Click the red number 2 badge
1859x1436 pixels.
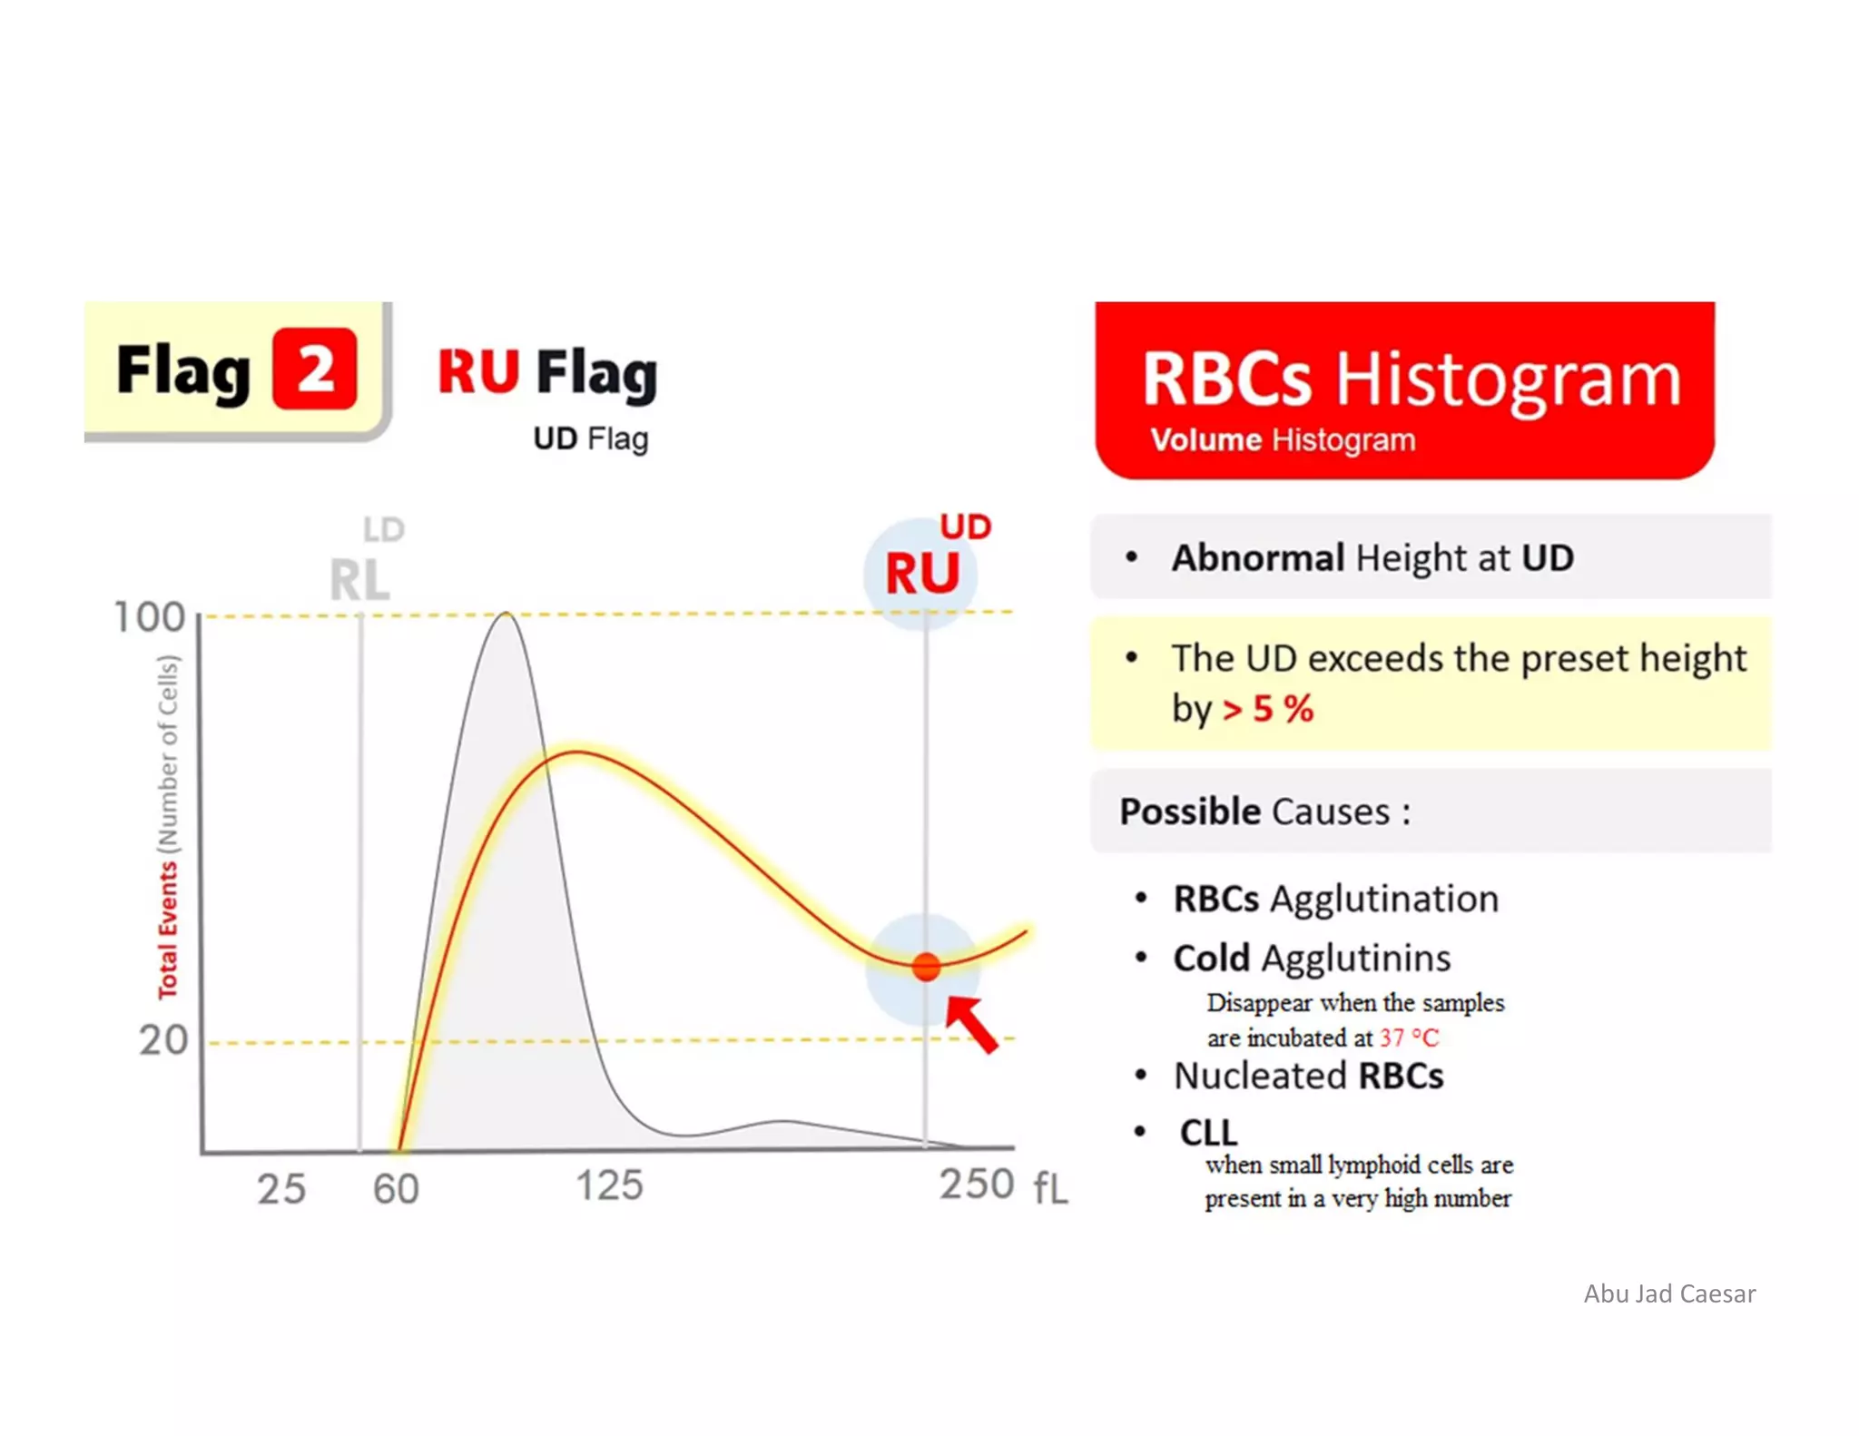pyautogui.click(x=315, y=369)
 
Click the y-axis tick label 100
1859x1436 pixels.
pyautogui.click(x=149, y=617)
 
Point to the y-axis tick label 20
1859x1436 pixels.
pyautogui.click(x=163, y=1040)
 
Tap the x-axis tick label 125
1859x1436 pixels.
pyautogui.click(x=609, y=1185)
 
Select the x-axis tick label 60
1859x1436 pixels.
pyautogui.click(x=396, y=1188)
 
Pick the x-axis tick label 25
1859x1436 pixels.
pyautogui.click(x=280, y=1188)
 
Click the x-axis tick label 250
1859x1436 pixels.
pyautogui.click(x=977, y=1184)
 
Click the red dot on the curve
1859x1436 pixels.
pyautogui.click(x=926, y=967)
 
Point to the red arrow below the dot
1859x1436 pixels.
pyautogui.click(x=973, y=1024)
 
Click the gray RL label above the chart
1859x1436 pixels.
pyautogui.click(x=359, y=580)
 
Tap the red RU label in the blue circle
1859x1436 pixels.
pyautogui.click(x=922, y=574)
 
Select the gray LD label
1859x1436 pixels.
pyautogui.click(x=383, y=529)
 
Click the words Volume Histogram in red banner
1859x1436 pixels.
pyautogui.click(x=1282, y=440)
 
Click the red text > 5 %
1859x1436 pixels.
pyautogui.click(x=1267, y=709)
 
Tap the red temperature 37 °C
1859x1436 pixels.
pyautogui.click(x=1409, y=1038)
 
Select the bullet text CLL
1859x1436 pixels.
pyautogui.click(x=1208, y=1132)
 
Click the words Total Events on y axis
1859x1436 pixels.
pyautogui.click(x=168, y=930)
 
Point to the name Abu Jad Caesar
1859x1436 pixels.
pyautogui.click(x=1669, y=1293)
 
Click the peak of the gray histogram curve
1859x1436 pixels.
pyautogui.click(x=506, y=615)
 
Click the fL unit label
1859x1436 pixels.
pyautogui.click(x=1050, y=1187)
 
